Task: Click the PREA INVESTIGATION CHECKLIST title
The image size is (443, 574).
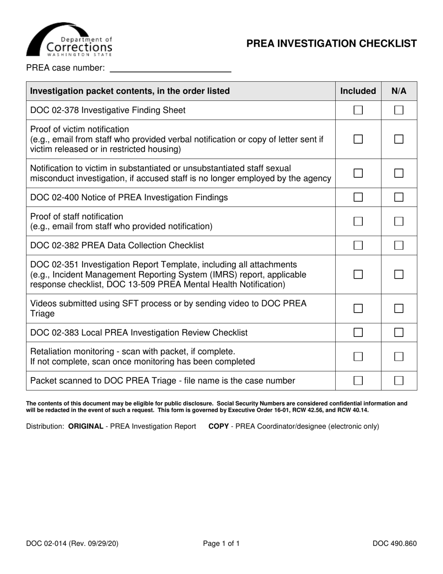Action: click(332, 44)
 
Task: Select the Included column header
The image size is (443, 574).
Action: click(358, 91)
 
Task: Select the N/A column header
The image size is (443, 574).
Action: click(399, 91)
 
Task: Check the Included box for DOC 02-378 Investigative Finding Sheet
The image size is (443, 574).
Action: click(358, 111)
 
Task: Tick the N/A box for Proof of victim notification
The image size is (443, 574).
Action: click(399, 139)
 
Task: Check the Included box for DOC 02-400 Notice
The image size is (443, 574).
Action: click(358, 197)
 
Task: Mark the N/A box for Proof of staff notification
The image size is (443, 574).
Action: click(399, 222)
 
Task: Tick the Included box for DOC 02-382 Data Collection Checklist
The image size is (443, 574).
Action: click(358, 245)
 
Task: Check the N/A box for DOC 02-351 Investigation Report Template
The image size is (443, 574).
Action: click(399, 274)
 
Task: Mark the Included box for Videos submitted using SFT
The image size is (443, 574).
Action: click(358, 308)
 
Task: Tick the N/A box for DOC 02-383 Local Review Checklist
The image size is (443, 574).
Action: click(399, 333)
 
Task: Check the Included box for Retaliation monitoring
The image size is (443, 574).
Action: click(358, 357)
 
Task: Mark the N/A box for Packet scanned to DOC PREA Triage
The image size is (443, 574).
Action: click(399, 381)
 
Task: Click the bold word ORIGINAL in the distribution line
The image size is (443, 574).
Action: click(86, 427)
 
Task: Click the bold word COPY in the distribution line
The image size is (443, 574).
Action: click(218, 427)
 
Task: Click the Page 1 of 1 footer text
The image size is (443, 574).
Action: click(221, 543)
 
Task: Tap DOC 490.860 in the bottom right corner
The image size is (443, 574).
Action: click(395, 543)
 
